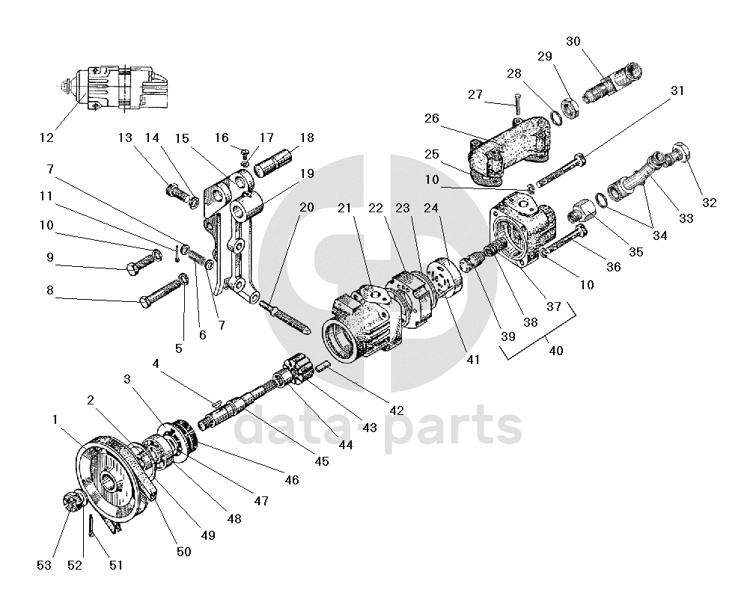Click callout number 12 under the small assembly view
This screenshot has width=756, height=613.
coord(47,138)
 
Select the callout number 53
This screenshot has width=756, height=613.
coord(44,565)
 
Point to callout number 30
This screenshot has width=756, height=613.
coord(573,41)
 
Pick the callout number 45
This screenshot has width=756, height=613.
coord(321,461)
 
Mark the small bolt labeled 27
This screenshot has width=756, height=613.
coord(516,102)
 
